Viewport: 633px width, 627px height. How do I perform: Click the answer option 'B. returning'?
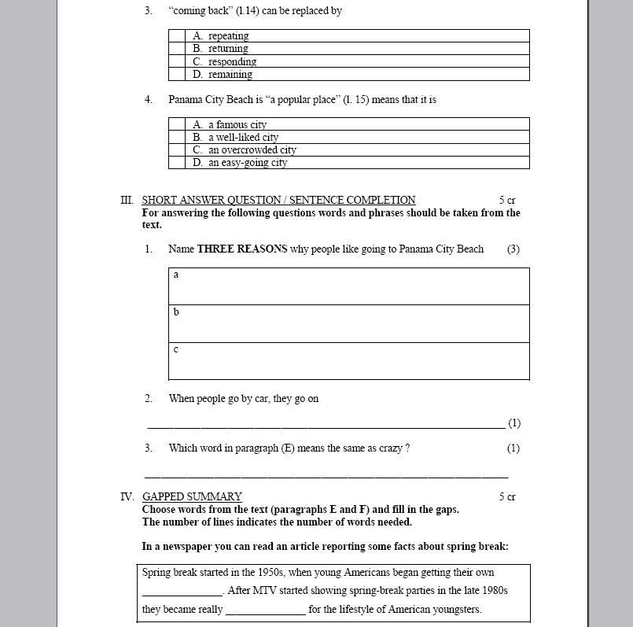228,49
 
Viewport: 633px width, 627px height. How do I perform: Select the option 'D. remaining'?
230,75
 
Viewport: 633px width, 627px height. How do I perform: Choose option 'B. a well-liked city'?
243,137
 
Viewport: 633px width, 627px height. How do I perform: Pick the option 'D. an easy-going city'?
248,163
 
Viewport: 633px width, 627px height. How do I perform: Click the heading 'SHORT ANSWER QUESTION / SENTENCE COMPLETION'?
278,200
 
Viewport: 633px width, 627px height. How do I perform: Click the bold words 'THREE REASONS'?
242,249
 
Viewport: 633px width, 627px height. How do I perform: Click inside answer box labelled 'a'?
349,286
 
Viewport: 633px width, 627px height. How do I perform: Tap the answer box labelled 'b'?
349,323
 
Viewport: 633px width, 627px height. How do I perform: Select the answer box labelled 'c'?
349,361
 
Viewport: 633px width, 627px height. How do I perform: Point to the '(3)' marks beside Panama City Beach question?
513,249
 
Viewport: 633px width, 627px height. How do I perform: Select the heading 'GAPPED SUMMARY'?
192,496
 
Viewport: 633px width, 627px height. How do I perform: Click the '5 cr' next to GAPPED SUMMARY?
506,496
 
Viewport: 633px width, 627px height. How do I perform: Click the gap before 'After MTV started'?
182,591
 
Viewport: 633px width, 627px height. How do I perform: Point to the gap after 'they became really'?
265,610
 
